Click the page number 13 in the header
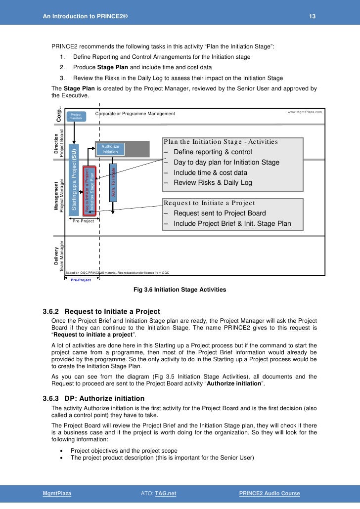[312, 17]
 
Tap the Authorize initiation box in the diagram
[110, 149]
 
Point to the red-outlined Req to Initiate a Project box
[89, 191]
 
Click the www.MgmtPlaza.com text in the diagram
[305, 112]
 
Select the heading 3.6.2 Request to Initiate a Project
[102, 312]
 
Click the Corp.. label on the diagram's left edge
[59, 116]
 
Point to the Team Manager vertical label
[62, 256]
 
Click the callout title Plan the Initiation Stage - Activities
[221, 142]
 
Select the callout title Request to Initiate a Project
[209, 203]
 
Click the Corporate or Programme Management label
[135, 114]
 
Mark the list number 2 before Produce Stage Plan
[62, 67]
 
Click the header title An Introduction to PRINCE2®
[85, 17]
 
